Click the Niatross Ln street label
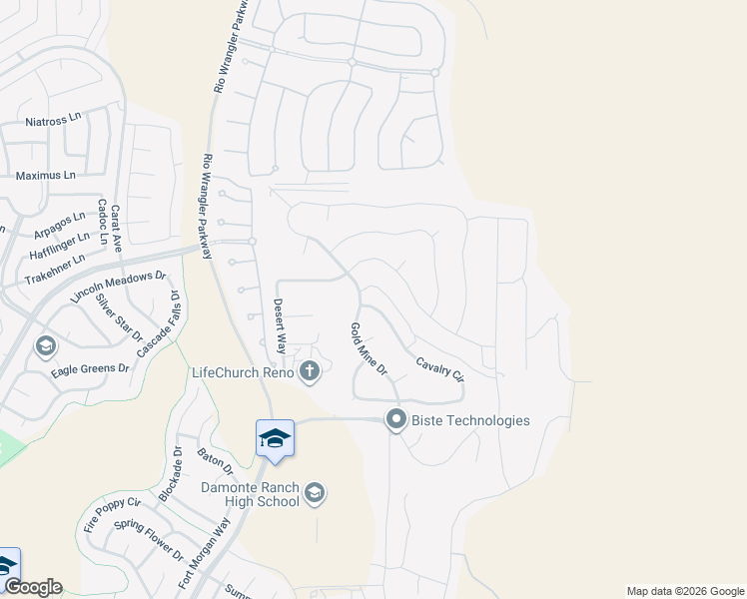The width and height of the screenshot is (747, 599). click(52, 120)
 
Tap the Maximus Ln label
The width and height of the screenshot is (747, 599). click(46, 176)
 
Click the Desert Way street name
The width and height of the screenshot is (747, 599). click(281, 326)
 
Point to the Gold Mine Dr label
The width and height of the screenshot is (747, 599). click(368, 349)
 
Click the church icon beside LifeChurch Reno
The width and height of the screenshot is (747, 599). click(310, 372)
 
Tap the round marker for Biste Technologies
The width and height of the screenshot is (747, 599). click(396, 420)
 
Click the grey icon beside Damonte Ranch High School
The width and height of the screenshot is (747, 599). click(314, 492)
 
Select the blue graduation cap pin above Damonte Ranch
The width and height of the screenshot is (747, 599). click(275, 438)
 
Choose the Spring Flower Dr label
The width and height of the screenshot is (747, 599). click(149, 540)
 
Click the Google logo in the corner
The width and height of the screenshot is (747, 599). click(32, 588)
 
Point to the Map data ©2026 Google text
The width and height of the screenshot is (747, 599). click(685, 591)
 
